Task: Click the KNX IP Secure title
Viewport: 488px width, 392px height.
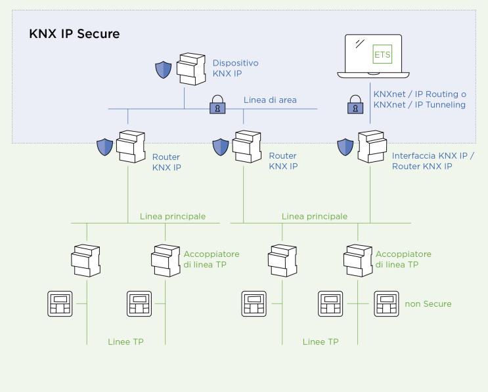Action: [x=74, y=33]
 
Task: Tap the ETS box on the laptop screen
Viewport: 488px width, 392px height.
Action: [x=382, y=54]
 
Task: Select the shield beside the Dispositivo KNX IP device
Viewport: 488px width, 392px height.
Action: [x=163, y=69]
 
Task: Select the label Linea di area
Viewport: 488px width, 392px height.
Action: [x=270, y=100]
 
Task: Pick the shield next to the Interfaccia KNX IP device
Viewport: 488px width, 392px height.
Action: [x=345, y=147]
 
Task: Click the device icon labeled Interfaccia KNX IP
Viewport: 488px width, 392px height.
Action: [x=372, y=149]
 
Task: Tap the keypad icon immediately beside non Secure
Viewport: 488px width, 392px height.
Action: [x=388, y=304]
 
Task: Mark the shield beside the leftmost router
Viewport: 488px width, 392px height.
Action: [x=104, y=147]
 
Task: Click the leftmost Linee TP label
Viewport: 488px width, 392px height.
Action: [x=126, y=342]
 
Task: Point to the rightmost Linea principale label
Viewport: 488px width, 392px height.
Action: [x=315, y=216]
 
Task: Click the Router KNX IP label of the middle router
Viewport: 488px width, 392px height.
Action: [x=283, y=161]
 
